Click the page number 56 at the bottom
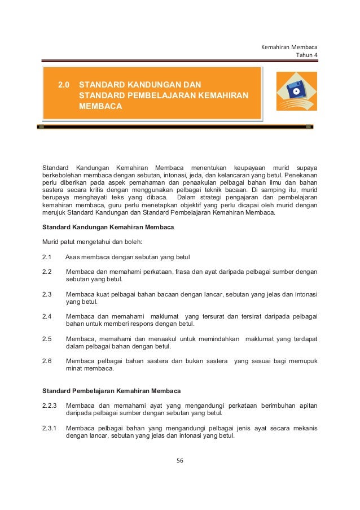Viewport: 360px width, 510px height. pos(180,460)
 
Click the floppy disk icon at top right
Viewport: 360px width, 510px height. pos(296,90)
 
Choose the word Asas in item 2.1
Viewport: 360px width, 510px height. pos(73,258)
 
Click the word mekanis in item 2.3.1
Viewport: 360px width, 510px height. pos(304,428)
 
